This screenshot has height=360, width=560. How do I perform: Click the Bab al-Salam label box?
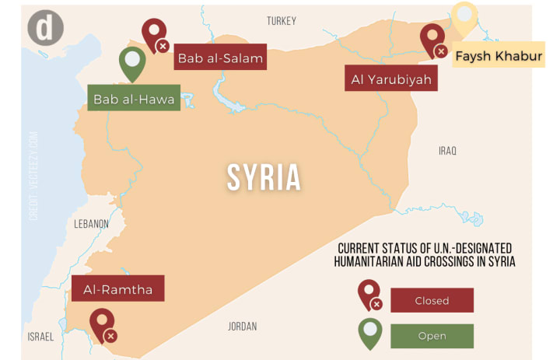pyautogui.click(x=220, y=58)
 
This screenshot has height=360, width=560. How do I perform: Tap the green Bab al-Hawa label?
pyautogui.click(x=133, y=99)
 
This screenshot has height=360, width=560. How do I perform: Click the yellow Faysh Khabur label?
pyautogui.click(x=498, y=56)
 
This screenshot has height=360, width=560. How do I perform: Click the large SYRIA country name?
pyautogui.click(x=264, y=177)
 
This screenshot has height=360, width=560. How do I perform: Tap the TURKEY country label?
pyautogui.click(x=282, y=21)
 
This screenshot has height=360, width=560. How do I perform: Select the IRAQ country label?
pyautogui.click(x=447, y=150)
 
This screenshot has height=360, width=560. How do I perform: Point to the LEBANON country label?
pyautogui.click(x=92, y=224)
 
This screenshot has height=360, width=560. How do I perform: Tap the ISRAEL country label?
pyautogui.click(x=40, y=337)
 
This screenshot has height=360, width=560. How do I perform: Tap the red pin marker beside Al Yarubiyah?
pyautogui.click(x=432, y=40)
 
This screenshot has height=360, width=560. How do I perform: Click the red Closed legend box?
pyautogui.click(x=432, y=300)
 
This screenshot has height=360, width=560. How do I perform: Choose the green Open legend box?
pyautogui.click(x=432, y=336)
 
